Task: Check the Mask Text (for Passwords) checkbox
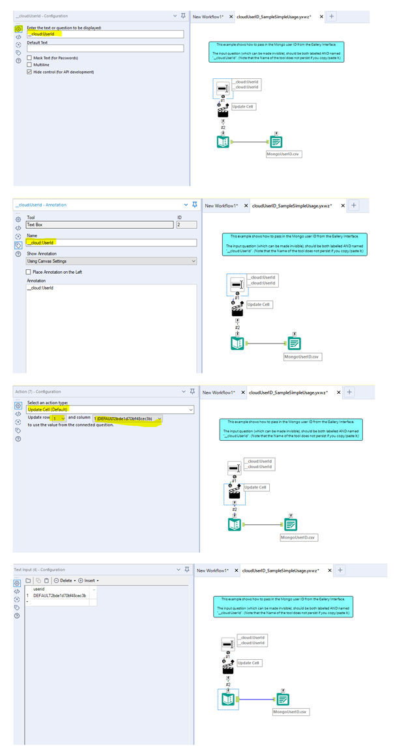[29, 58]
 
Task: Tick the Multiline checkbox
[29, 65]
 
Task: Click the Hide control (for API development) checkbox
[29, 72]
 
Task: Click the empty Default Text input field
[105, 48]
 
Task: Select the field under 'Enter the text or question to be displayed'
[105, 34]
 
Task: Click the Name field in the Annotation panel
[111, 243]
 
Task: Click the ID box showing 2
[186, 225]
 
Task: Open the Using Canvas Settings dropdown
[111, 261]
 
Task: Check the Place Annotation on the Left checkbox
[29, 272]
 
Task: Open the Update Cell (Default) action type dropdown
[110, 409]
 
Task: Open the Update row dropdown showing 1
[59, 419]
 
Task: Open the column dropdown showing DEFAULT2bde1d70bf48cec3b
[128, 419]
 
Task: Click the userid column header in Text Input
[39, 589]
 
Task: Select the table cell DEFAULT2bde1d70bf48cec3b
[59, 596]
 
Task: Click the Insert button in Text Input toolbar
[89, 580]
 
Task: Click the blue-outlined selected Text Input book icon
[228, 699]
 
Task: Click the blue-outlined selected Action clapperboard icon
[234, 494]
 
